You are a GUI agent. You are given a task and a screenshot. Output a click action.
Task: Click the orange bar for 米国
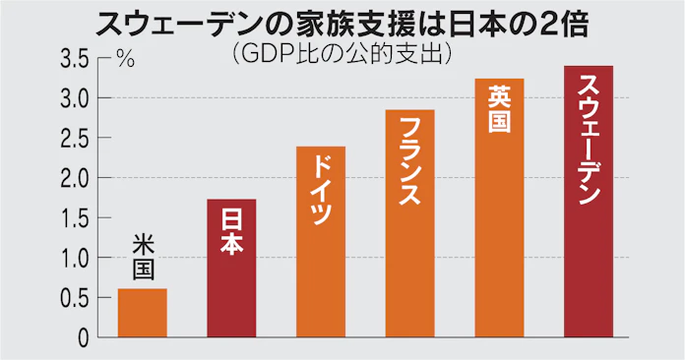(x=143, y=313)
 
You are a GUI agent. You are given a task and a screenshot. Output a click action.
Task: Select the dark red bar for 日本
(x=232, y=285)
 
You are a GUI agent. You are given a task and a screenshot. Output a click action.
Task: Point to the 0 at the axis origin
(x=85, y=337)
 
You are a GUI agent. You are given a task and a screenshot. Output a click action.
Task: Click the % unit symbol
(x=125, y=59)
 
